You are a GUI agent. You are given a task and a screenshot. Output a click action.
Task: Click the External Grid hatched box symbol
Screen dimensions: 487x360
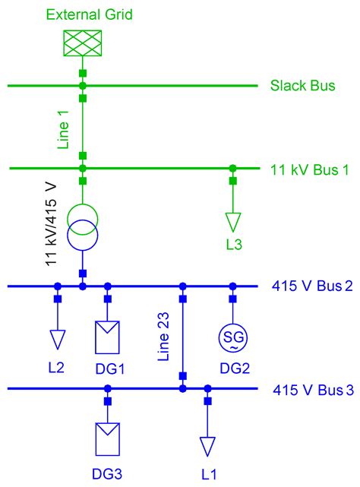click(x=82, y=46)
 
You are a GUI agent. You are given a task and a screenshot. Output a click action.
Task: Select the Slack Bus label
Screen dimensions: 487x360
click(x=302, y=86)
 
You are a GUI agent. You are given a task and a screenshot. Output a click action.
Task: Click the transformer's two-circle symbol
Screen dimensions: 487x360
click(x=82, y=228)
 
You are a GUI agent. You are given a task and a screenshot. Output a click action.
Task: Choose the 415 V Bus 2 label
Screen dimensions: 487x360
click(x=312, y=286)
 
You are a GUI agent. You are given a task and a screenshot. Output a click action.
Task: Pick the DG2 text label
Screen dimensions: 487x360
click(x=233, y=368)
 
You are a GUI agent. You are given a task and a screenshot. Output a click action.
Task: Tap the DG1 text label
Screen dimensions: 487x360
click(x=108, y=368)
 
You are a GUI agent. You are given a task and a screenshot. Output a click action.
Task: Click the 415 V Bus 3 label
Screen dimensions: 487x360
click(x=312, y=391)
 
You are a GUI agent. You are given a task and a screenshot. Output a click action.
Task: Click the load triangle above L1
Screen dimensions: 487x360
click(x=207, y=445)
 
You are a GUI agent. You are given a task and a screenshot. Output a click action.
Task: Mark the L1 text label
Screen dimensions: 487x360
click(x=207, y=474)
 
